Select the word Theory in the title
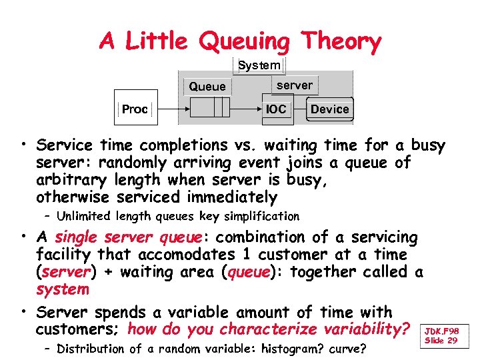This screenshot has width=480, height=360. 341,42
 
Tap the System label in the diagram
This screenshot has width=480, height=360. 259,65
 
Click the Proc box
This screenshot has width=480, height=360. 135,109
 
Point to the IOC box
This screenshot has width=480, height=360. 276,109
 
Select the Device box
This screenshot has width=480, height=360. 330,109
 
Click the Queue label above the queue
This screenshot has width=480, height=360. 207,87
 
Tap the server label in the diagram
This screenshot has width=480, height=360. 294,85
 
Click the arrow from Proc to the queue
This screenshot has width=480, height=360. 171,108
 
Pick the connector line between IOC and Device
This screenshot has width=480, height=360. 300,109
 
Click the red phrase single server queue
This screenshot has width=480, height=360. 129,237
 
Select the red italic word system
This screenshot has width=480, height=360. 63,289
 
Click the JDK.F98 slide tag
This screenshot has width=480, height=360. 443,331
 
